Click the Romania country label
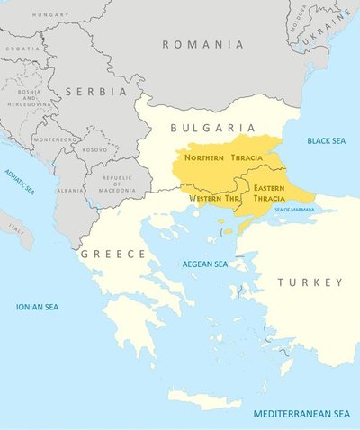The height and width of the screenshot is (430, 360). pyautogui.click(x=202, y=44)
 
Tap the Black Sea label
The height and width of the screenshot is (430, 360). pyautogui.click(x=325, y=141)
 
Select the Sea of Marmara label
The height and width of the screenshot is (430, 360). pyautogui.click(x=301, y=209)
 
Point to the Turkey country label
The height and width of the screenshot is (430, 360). pyautogui.click(x=310, y=282)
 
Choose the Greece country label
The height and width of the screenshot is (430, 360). pyautogui.click(x=113, y=255)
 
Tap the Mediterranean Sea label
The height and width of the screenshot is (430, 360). pyautogui.click(x=301, y=414)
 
